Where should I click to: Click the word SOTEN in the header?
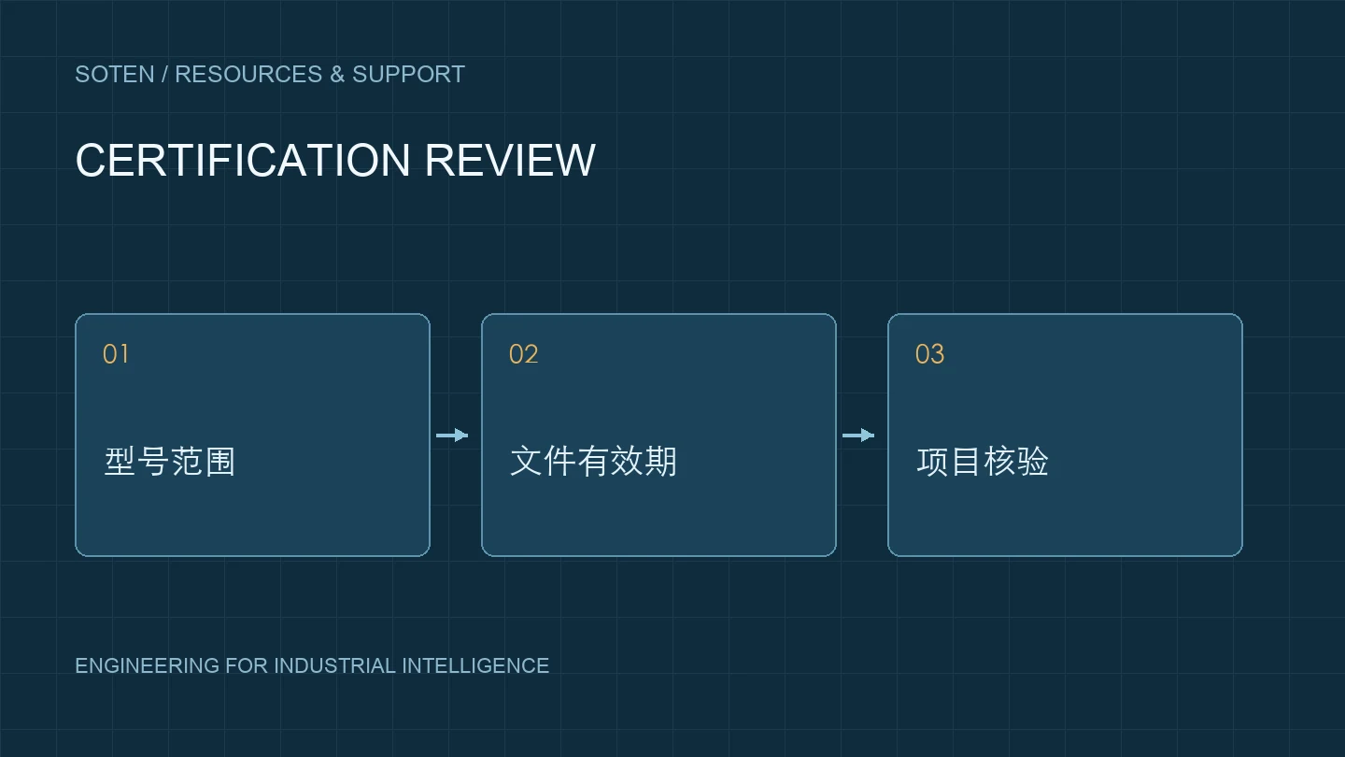[x=115, y=75]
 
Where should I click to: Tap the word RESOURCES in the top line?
[x=248, y=75]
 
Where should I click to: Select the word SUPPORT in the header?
[x=408, y=75]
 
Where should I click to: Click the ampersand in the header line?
[x=337, y=75]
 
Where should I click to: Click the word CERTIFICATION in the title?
[x=243, y=161]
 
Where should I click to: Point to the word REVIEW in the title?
[x=510, y=161]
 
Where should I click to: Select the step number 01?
[x=115, y=354]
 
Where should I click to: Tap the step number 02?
[x=524, y=354]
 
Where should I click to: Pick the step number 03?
[x=929, y=354]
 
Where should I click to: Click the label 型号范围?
[x=170, y=462]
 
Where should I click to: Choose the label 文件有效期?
[x=593, y=462]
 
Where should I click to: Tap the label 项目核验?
[x=983, y=462]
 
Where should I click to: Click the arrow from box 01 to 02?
[x=452, y=435]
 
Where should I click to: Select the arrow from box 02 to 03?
[x=858, y=435]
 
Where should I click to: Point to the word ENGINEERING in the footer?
[x=148, y=665]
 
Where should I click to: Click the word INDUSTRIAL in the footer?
[x=334, y=665]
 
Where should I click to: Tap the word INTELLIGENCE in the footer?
[x=475, y=665]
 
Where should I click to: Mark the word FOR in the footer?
[x=247, y=665]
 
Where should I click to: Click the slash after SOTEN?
[x=164, y=75]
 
